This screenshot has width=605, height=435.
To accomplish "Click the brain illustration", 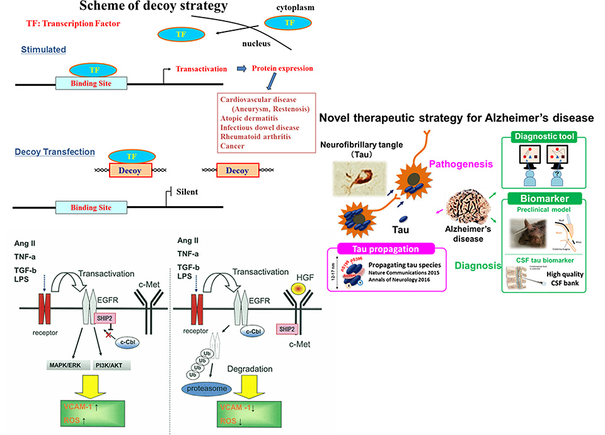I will coord(468,204).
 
